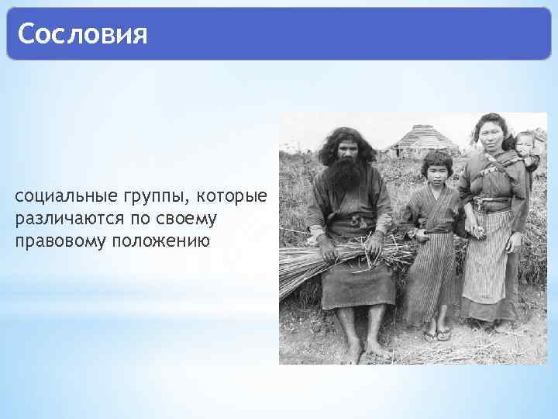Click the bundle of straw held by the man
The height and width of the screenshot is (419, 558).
(325, 260)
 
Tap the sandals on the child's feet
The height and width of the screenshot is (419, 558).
(436, 334)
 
